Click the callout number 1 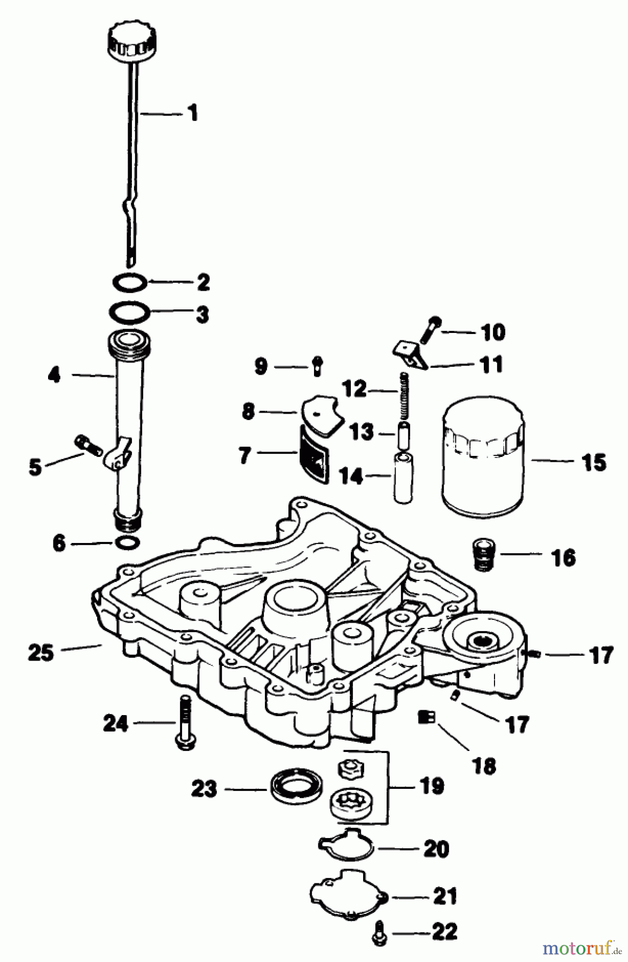192,113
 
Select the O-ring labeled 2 130,282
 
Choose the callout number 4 54,376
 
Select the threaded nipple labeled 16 483,556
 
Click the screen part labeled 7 314,453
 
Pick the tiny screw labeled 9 316,366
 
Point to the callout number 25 41,653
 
